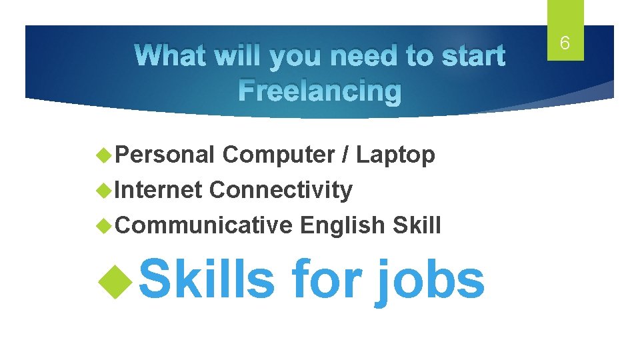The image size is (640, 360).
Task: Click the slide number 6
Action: pyautogui.click(x=565, y=44)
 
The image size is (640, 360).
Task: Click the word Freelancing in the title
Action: pyautogui.click(x=320, y=91)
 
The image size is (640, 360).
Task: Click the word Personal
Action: pyautogui.click(x=165, y=155)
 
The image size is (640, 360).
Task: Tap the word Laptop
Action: pyautogui.click(x=395, y=155)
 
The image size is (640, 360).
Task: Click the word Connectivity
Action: pyautogui.click(x=281, y=190)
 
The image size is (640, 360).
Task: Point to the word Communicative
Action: pyautogui.click(x=205, y=225)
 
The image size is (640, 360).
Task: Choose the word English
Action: pyautogui.click(x=342, y=225)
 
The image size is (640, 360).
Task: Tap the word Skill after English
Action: pyautogui.click(x=417, y=225)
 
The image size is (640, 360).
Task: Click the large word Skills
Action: pyautogui.click(x=207, y=280)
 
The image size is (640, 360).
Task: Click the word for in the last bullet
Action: pyautogui.click(x=325, y=280)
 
